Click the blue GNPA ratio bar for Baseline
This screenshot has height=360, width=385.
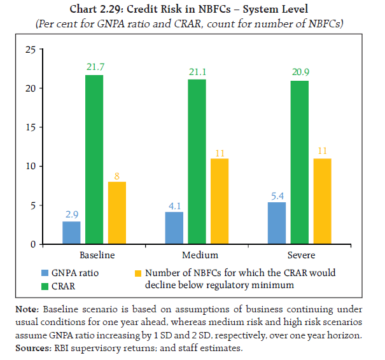pyautogui.click(x=71, y=233)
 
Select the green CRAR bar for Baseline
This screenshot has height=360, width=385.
pyautogui.click(x=94, y=160)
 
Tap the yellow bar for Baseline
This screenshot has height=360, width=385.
pyautogui.click(x=117, y=213)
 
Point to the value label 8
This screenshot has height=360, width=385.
pyautogui.click(x=117, y=175)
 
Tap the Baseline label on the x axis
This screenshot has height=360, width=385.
pyautogui.click(x=97, y=255)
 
